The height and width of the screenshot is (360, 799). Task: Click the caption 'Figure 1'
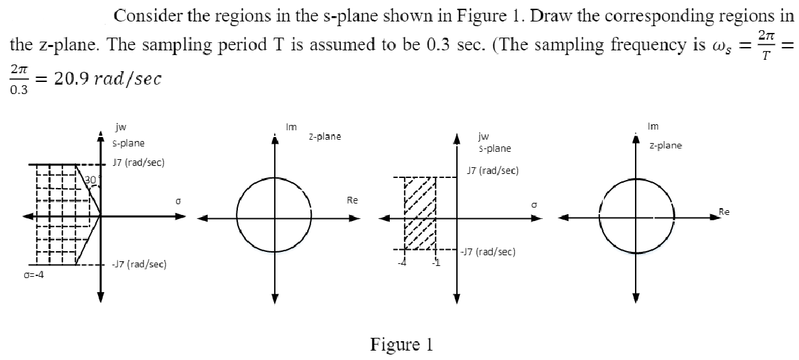(402, 345)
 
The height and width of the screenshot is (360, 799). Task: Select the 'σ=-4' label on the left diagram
(30, 274)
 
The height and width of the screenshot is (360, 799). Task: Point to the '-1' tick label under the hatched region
(435, 262)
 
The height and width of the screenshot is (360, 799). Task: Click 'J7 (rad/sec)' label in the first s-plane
(138, 163)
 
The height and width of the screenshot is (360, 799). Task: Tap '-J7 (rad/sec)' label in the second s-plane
(489, 252)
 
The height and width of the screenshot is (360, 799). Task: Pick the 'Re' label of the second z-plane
(723, 212)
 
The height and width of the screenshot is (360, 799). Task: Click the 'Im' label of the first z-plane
(291, 126)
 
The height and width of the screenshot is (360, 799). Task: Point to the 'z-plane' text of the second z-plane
(665, 145)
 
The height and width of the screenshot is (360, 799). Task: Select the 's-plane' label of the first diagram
(128, 142)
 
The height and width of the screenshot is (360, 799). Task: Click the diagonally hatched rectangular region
(419, 214)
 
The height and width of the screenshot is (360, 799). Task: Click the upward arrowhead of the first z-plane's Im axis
(274, 136)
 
